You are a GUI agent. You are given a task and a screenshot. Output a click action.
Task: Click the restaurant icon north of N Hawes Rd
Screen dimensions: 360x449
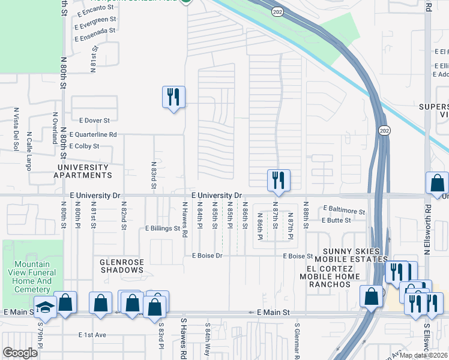click(x=173, y=97)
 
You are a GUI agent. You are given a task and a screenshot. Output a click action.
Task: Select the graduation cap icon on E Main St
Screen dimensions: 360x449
click(x=44, y=307)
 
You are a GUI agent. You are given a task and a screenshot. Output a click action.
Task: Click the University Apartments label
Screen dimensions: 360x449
click(x=84, y=172)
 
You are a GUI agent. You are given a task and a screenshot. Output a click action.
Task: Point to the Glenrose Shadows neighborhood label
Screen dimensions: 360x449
click(x=122, y=266)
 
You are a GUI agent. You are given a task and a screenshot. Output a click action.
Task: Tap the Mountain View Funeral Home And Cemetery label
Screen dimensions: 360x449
click(x=35, y=277)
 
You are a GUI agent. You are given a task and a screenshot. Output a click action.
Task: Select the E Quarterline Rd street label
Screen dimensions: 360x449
click(x=93, y=135)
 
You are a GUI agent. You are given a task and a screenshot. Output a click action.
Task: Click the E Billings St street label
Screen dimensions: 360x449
click(x=163, y=229)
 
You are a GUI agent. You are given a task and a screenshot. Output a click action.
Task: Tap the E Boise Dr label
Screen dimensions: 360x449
click(x=207, y=256)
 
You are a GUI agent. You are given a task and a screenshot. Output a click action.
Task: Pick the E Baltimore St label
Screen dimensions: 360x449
click(x=343, y=210)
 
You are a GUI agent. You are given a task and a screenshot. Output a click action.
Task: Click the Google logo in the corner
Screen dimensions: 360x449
click(x=20, y=353)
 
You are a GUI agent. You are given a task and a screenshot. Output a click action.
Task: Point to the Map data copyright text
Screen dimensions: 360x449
click(x=423, y=355)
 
